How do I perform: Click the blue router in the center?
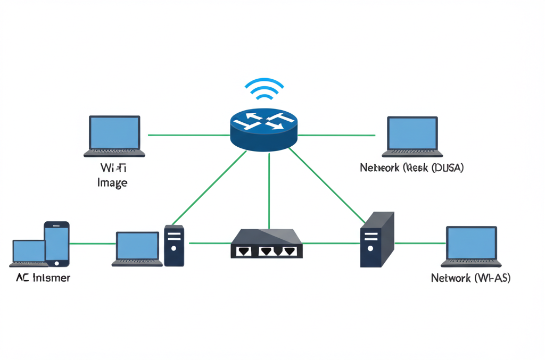pos(264,133)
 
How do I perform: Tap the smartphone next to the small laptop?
pos(56,243)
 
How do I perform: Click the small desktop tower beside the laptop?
pos(174,245)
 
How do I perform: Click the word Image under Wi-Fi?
pos(112,183)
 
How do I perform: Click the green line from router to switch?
pos(269,191)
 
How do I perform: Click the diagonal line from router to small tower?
pos(210,186)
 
